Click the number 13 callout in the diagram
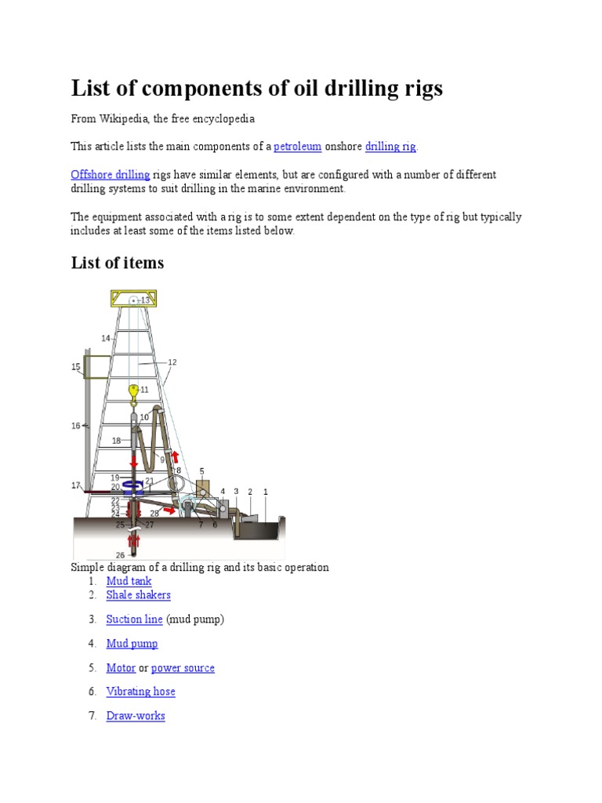(x=145, y=300)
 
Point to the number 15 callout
(x=76, y=366)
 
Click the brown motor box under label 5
(x=202, y=487)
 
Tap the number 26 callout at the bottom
(x=120, y=555)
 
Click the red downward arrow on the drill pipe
(x=134, y=460)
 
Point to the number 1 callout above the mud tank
(x=266, y=492)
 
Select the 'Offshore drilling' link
(x=111, y=175)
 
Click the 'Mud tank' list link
(x=129, y=581)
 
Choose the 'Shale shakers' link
(x=138, y=595)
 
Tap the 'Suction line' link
(x=134, y=620)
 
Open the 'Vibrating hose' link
(x=140, y=692)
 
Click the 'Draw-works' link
(x=136, y=716)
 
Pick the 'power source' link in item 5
(x=183, y=668)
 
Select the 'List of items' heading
(x=118, y=263)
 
